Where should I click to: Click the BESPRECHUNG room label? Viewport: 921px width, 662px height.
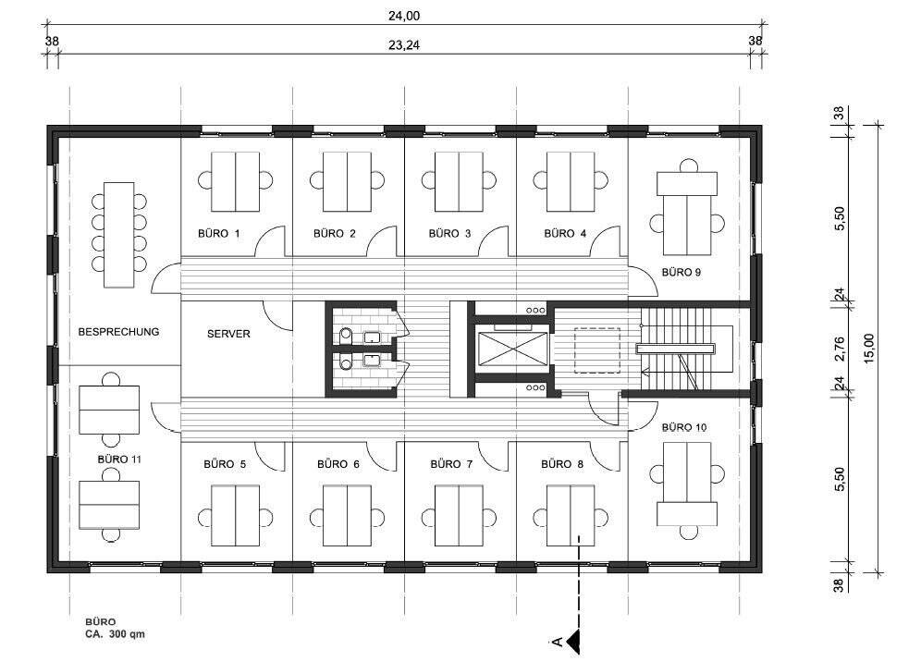(x=118, y=332)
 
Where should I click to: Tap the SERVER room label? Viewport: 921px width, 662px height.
(x=228, y=334)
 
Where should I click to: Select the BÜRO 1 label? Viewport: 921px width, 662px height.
(x=219, y=233)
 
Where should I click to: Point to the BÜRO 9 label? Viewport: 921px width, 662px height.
(x=682, y=272)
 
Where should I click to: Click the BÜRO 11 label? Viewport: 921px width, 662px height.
(x=119, y=459)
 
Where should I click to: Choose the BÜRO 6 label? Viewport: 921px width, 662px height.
(x=338, y=464)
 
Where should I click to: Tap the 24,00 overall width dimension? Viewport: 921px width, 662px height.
(x=404, y=16)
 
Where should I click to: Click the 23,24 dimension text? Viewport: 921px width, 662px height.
(x=404, y=44)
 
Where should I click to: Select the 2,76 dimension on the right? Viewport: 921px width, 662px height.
(x=839, y=349)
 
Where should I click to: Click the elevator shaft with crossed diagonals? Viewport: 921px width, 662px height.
(x=512, y=348)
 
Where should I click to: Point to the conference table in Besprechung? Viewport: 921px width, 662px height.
(x=118, y=234)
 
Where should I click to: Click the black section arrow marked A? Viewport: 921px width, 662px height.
(x=572, y=641)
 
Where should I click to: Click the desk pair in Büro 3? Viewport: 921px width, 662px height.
(x=459, y=181)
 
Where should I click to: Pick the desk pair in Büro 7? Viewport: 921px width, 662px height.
(x=459, y=515)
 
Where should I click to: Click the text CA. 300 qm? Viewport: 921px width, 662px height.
(x=115, y=634)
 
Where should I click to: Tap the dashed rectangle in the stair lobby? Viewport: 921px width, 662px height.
(x=597, y=350)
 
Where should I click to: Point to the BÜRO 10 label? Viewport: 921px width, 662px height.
(x=684, y=427)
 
